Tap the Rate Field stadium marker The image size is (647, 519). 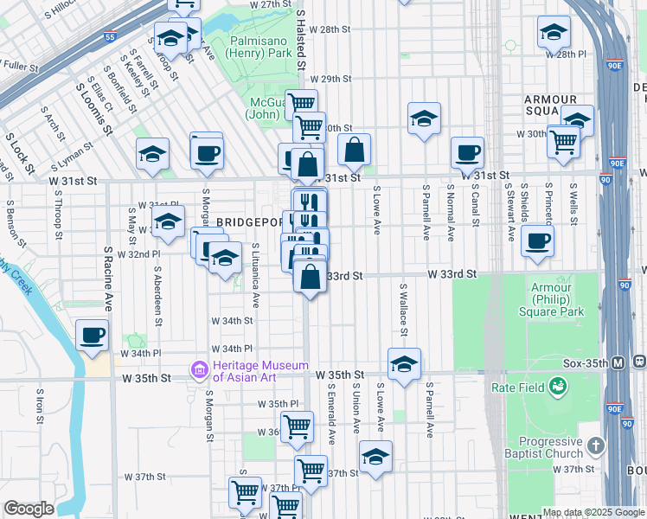click(560, 387)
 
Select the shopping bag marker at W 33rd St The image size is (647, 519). click(310, 278)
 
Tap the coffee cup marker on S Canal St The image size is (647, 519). click(467, 152)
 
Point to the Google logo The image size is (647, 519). click(29, 509)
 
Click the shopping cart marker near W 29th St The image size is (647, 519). click(300, 104)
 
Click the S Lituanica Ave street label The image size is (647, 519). click(256, 275)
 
